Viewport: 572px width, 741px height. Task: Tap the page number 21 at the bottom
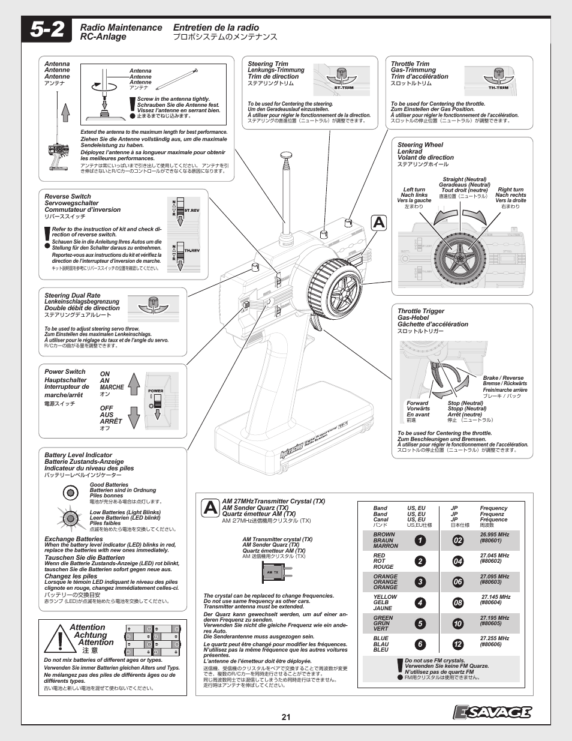[x=286, y=716]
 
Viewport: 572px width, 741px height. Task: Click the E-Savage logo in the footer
[x=492, y=712]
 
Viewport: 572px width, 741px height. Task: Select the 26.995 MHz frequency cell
[x=494, y=537]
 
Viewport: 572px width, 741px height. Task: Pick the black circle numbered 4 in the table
[x=420, y=603]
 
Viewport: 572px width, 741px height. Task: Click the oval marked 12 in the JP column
[x=458, y=644]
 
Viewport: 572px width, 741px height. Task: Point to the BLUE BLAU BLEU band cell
[x=381, y=644]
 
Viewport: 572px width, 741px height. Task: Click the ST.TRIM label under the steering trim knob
[x=342, y=89]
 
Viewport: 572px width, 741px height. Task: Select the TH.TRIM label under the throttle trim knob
[x=498, y=88]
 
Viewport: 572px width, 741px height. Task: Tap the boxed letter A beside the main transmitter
[x=379, y=223]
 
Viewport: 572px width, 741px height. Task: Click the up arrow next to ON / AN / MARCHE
[x=134, y=382]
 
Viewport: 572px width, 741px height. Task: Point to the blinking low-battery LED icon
[x=70, y=516]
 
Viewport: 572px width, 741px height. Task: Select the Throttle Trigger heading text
[x=421, y=311]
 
